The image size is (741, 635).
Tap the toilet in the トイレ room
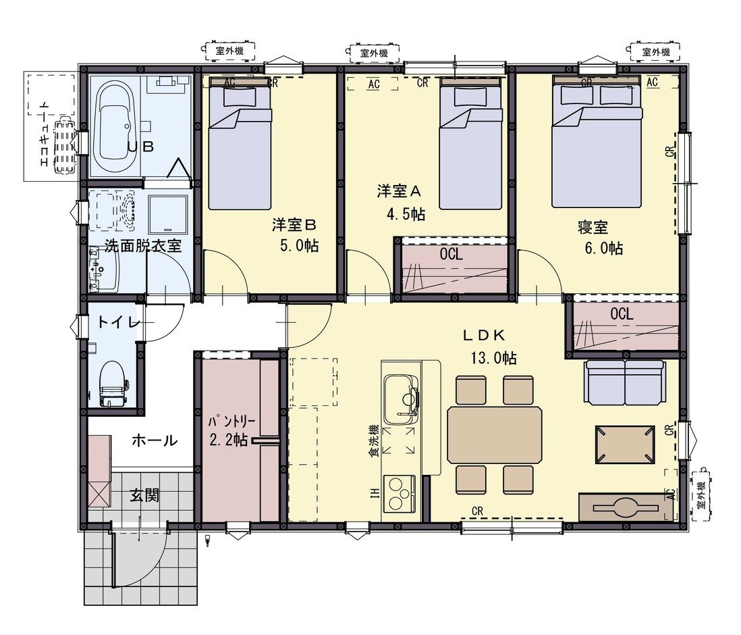pos(113,384)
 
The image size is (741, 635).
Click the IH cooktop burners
pos(400,494)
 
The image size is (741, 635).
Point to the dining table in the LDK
pos(495,434)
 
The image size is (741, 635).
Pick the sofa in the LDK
pos(624,380)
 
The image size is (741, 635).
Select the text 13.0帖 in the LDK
pos(493,358)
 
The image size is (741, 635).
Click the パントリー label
pos(232,421)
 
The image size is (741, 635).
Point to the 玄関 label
pos(144,495)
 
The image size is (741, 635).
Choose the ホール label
pos(155,440)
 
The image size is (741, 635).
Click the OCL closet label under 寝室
pos(622,313)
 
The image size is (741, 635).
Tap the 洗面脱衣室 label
pos(142,246)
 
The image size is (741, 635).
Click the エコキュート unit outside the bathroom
pos(64,146)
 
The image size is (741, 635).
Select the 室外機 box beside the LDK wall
pos(702,494)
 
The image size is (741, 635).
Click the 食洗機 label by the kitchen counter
pos(374,440)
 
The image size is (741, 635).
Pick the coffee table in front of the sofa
pos(625,444)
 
